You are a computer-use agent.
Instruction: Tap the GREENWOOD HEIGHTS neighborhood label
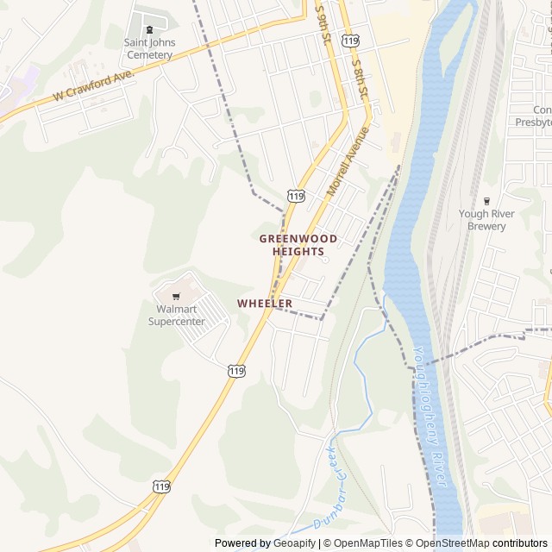298,244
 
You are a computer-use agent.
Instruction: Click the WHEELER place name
265,304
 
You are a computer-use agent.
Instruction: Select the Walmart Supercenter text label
177,315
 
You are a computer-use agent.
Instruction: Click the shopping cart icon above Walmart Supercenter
177,296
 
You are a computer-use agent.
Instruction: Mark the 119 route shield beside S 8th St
350,41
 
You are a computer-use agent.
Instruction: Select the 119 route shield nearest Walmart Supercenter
236,370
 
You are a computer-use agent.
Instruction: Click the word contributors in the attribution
520,543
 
